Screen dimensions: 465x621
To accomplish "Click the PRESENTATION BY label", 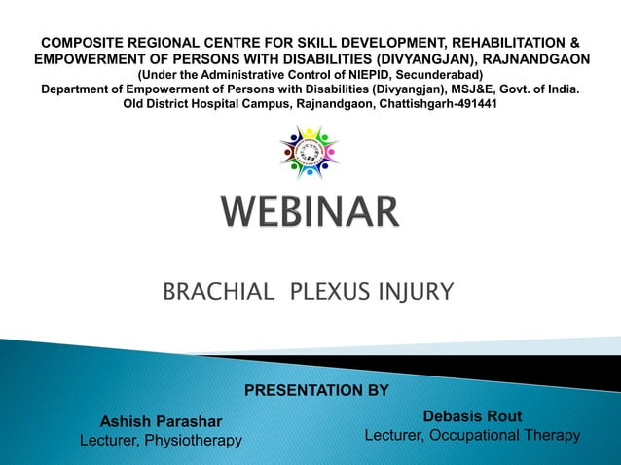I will pyautogui.click(x=315, y=391).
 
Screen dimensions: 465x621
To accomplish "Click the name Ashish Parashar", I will pyautogui.click(x=162, y=421).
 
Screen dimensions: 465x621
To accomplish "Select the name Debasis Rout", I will pyautogui.click(x=472, y=416).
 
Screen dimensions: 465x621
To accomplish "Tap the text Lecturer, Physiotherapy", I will pyautogui.click(x=161, y=442).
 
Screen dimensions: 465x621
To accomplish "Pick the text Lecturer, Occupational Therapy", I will pyautogui.click(x=472, y=436).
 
